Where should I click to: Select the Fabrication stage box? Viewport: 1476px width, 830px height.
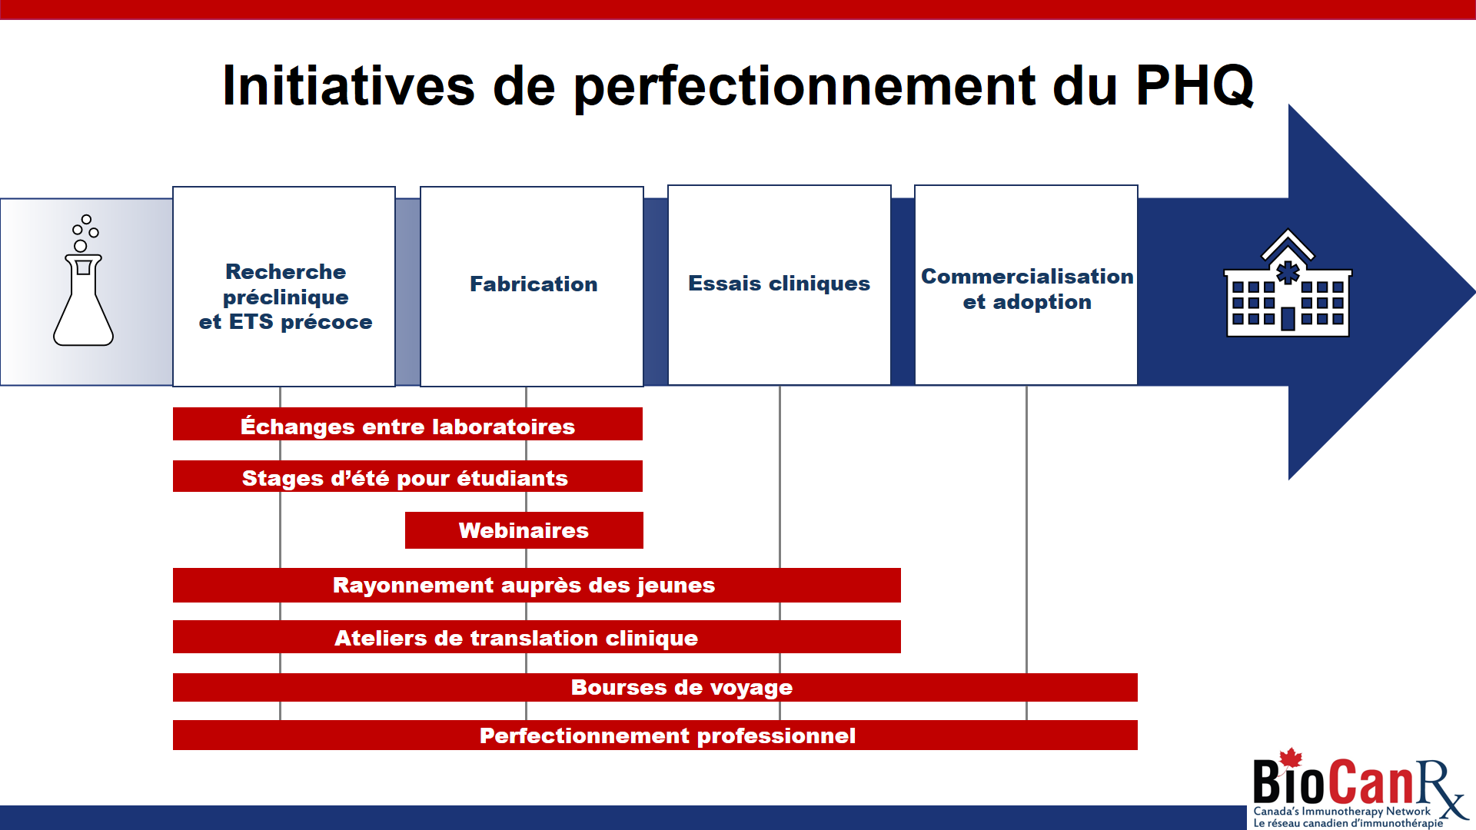coord(532,286)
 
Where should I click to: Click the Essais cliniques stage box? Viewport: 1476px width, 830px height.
coord(780,284)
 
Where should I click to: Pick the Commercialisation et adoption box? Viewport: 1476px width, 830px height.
coord(1026,284)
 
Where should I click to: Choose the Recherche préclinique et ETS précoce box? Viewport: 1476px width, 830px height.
coord(284,286)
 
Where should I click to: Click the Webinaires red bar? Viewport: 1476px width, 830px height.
coord(524,530)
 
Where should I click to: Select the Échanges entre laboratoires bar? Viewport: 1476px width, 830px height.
coord(407,424)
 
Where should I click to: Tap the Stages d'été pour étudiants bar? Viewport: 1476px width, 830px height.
coord(407,476)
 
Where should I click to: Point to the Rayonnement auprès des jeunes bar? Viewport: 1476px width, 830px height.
coord(537,585)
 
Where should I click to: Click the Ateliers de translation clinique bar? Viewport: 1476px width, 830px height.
coord(537,637)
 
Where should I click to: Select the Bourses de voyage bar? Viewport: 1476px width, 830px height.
coord(655,687)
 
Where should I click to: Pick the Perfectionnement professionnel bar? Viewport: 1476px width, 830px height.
coord(655,735)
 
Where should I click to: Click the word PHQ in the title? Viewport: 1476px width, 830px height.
coord(1195,86)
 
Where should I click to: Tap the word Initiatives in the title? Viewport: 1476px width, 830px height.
coord(349,85)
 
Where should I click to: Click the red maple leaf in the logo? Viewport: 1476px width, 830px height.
coord(1291,759)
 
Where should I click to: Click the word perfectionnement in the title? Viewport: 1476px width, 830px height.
coord(805,86)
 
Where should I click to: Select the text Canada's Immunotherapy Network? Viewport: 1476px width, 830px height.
coord(1342,811)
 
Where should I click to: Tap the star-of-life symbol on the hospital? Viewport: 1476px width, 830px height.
coord(1288,272)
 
